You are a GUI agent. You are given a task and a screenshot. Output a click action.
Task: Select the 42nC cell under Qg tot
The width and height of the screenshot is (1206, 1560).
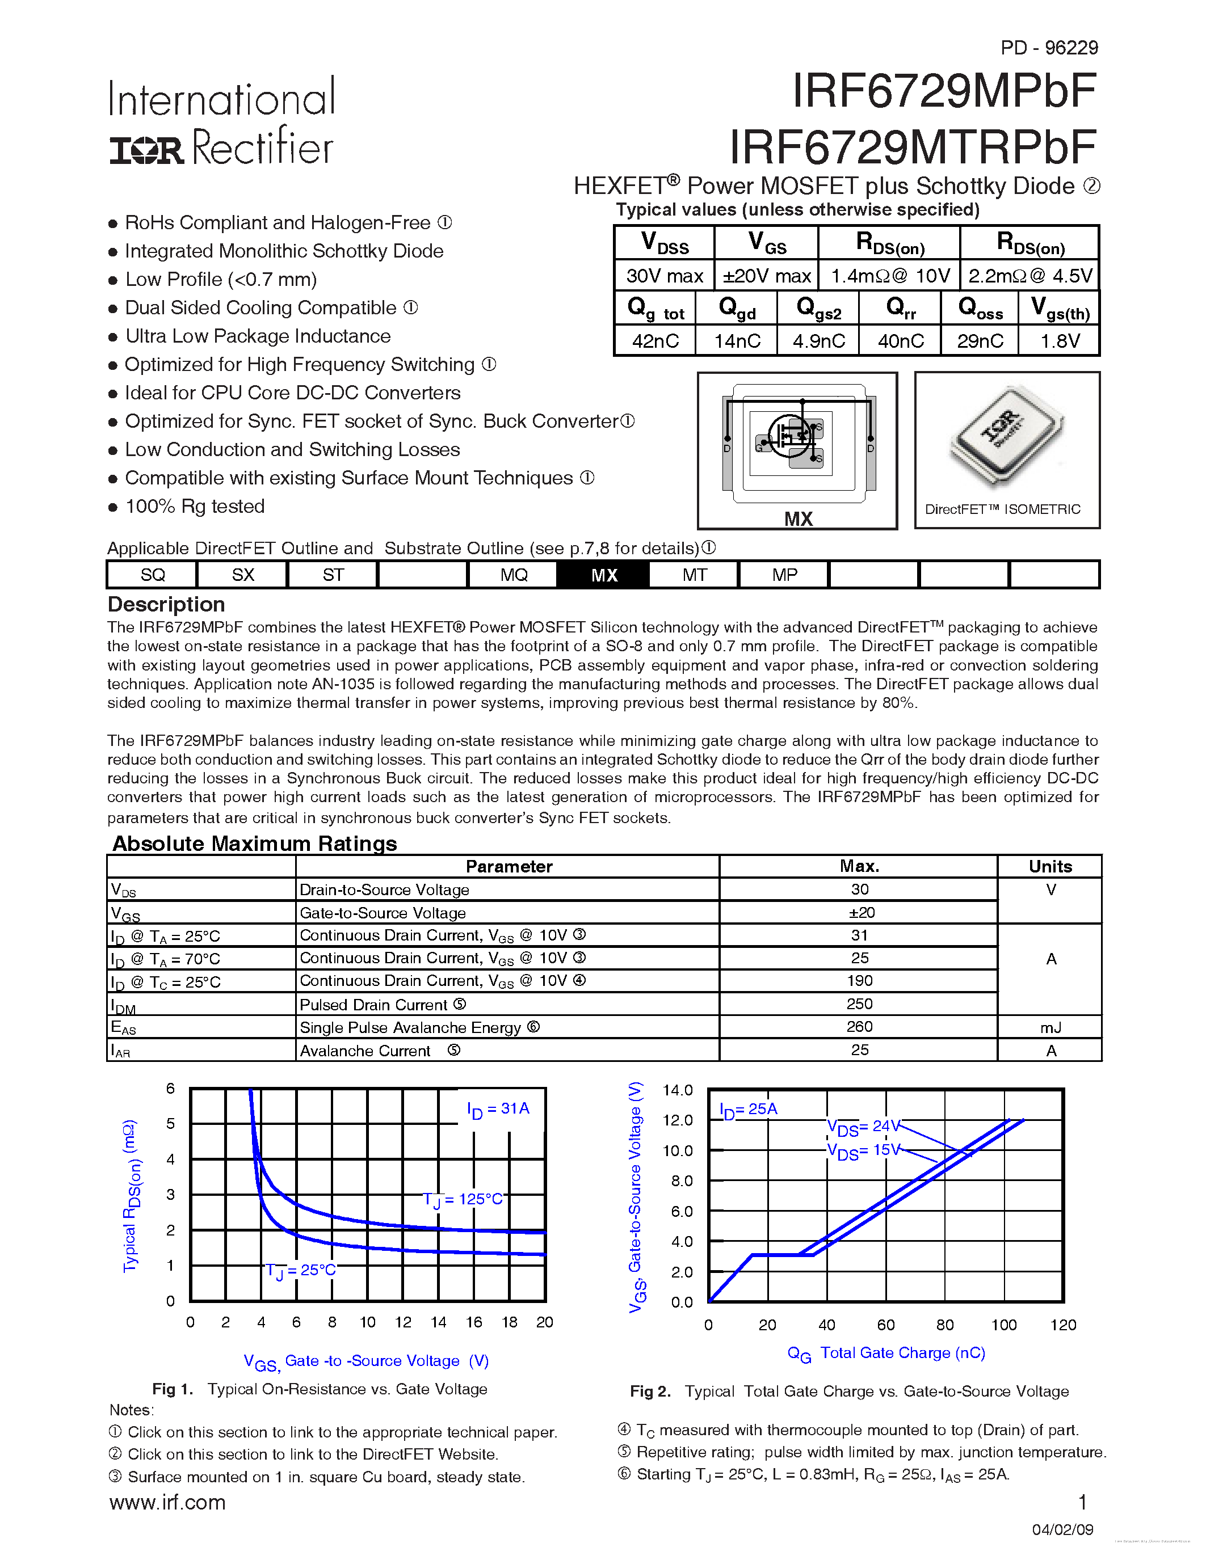[655, 341]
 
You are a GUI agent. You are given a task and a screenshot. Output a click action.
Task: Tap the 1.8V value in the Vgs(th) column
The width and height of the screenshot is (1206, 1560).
[1060, 341]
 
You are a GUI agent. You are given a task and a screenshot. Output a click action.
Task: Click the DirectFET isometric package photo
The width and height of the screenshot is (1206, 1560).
[1006, 438]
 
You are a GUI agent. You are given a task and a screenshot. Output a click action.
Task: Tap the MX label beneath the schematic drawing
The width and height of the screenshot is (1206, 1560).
[798, 519]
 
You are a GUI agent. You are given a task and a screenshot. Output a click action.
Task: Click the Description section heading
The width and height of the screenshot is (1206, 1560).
[166, 604]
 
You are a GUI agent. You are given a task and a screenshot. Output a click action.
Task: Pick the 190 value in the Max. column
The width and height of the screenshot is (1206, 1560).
[859, 981]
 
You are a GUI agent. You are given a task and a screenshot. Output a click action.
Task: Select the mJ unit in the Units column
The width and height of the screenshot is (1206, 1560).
[1050, 1027]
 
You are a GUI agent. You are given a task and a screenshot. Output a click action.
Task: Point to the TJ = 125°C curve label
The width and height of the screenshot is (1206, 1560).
[463, 1199]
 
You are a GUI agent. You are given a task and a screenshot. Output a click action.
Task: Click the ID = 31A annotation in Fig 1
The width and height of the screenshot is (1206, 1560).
[498, 1109]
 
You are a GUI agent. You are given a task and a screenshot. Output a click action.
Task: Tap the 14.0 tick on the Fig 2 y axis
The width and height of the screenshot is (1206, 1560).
[677, 1090]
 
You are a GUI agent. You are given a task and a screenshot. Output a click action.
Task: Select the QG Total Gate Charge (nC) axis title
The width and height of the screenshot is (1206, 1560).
[886, 1353]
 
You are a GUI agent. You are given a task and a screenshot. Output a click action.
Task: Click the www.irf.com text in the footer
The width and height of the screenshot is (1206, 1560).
[167, 1502]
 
